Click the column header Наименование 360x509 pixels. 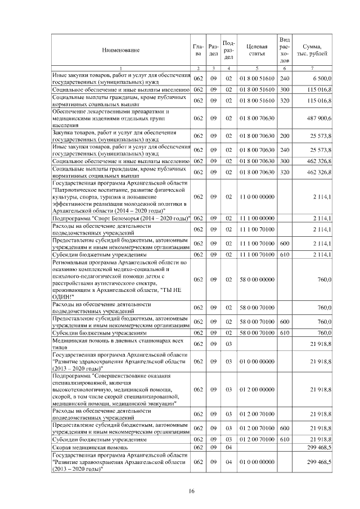click(121, 50)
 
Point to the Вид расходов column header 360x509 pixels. click(285, 50)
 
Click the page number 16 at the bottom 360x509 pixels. click(191, 491)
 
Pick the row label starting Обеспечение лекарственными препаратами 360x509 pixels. click(98, 111)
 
